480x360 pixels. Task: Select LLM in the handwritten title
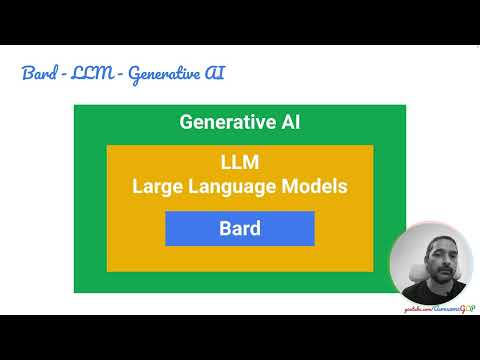coord(88,75)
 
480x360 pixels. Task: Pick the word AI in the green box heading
coord(290,123)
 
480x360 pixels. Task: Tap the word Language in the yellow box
coord(236,186)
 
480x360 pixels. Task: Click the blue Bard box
coord(240,229)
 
